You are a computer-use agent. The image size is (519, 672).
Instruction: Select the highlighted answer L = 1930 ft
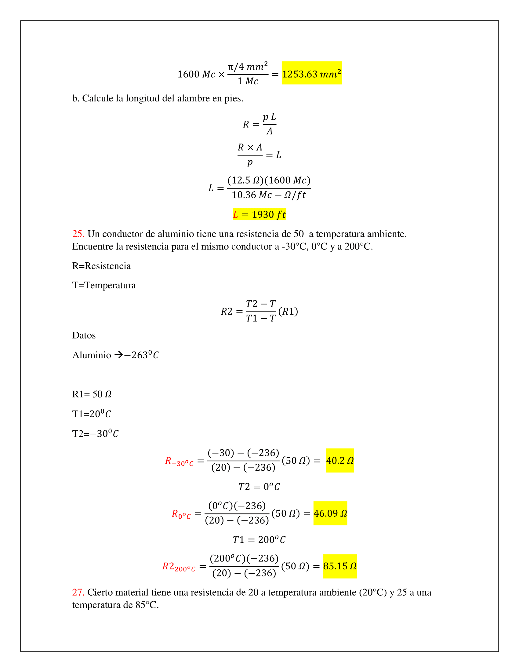pos(259,214)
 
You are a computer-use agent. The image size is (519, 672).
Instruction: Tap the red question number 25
pos(78,234)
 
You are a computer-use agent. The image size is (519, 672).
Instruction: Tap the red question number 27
pos(78,592)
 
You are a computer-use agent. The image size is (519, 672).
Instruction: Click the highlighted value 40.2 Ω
pos(340,461)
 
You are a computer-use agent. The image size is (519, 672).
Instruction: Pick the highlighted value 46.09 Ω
pos(330,513)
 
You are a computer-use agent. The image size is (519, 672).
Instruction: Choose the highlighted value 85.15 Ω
pos(340,566)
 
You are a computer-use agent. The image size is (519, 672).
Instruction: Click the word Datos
pos(84,335)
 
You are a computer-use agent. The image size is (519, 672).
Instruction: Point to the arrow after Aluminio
pos(118,355)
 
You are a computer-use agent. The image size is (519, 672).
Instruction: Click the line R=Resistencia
pos(101,266)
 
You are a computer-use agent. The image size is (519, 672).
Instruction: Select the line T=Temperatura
pos(104,285)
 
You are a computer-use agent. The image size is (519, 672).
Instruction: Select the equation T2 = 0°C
pos(259,487)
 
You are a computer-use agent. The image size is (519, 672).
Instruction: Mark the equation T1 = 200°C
pos(259,540)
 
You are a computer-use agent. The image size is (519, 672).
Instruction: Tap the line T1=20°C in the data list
pos(91,414)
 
